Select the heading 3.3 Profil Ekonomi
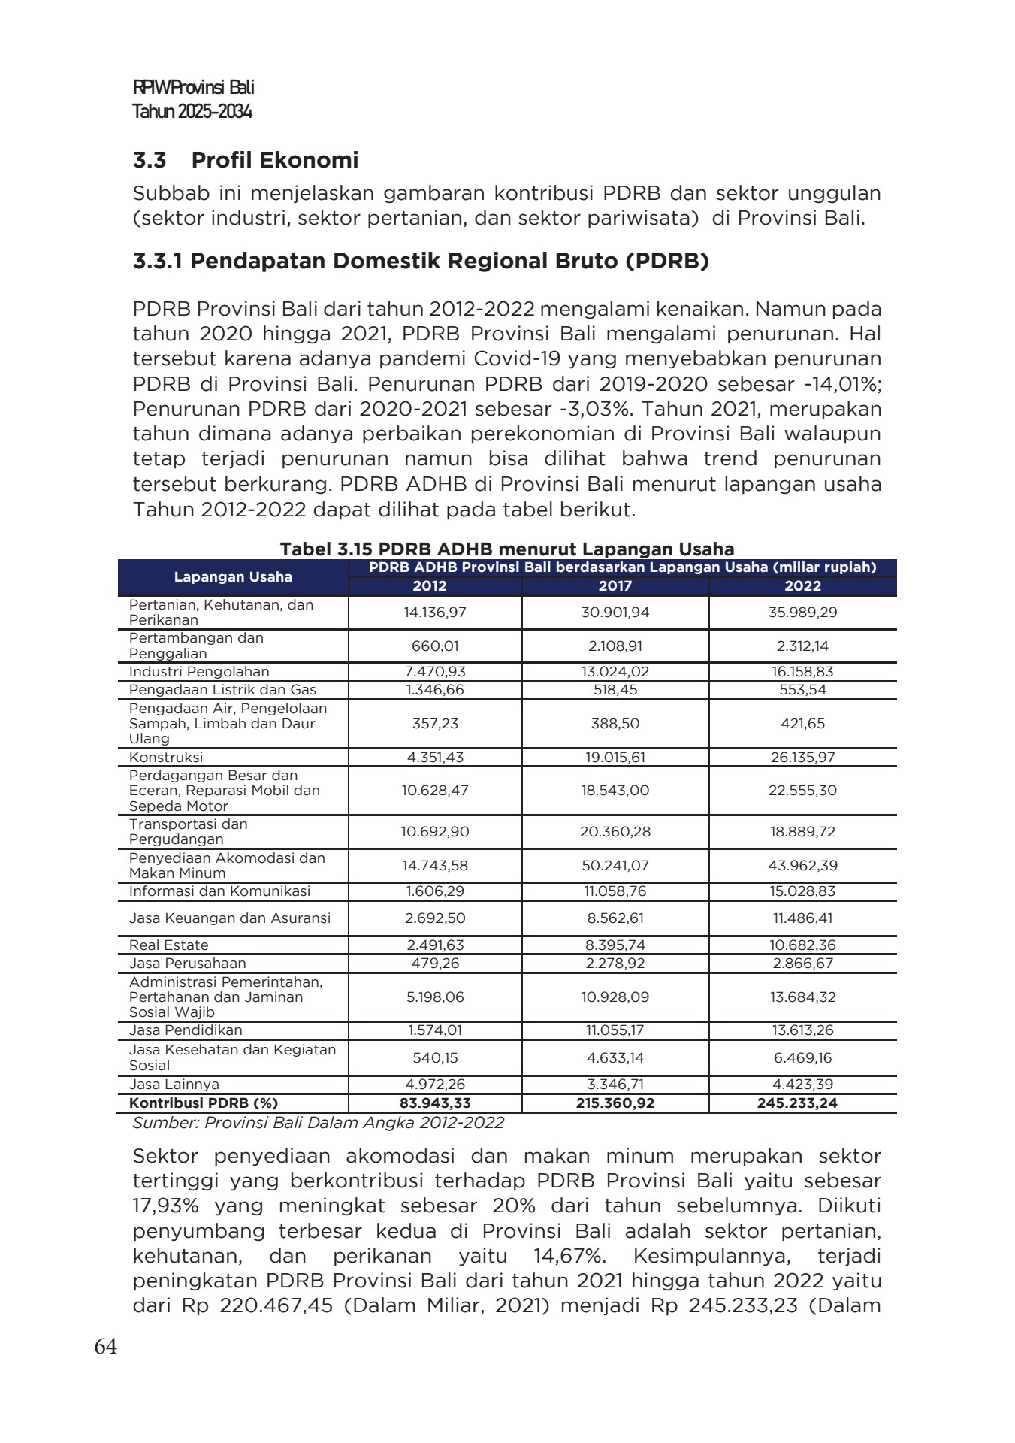(245, 160)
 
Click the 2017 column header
(615, 586)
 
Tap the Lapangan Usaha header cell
(233, 577)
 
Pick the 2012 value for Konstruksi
(435, 758)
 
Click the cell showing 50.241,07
(615, 865)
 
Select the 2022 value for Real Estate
(802, 945)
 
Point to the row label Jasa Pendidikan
(186, 1030)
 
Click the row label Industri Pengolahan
(199, 672)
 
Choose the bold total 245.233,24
(802, 1103)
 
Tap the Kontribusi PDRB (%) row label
(204, 1103)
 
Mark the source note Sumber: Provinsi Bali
(318, 1123)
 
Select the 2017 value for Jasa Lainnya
(615, 1085)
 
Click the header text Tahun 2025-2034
(192, 112)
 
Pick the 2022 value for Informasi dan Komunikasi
(802, 891)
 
